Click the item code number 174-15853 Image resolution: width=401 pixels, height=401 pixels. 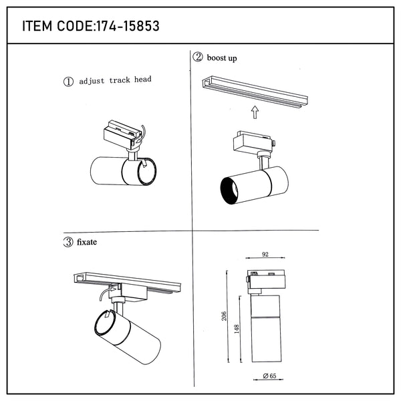(x=128, y=26)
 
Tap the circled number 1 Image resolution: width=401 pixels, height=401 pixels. (x=68, y=82)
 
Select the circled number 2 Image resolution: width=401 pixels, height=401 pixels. (x=198, y=57)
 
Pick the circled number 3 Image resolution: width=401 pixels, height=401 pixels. (x=68, y=242)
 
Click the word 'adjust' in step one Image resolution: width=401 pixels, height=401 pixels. (x=92, y=82)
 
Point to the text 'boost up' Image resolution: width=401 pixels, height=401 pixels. (x=222, y=58)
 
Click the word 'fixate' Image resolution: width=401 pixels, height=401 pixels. (x=87, y=242)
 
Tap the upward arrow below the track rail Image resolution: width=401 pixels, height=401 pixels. (x=255, y=112)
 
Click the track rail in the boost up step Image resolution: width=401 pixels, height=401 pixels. (x=255, y=92)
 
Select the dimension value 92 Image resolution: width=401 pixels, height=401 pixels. (x=265, y=254)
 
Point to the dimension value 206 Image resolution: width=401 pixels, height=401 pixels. (x=224, y=316)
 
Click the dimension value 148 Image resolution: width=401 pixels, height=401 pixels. (x=237, y=329)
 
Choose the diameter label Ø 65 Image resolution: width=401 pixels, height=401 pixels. (x=269, y=376)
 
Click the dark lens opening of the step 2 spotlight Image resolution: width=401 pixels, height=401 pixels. (x=229, y=190)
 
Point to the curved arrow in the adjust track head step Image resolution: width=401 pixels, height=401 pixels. (x=142, y=134)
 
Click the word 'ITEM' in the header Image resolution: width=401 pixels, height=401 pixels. (x=37, y=26)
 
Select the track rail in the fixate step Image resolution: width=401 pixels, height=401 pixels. (x=128, y=283)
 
